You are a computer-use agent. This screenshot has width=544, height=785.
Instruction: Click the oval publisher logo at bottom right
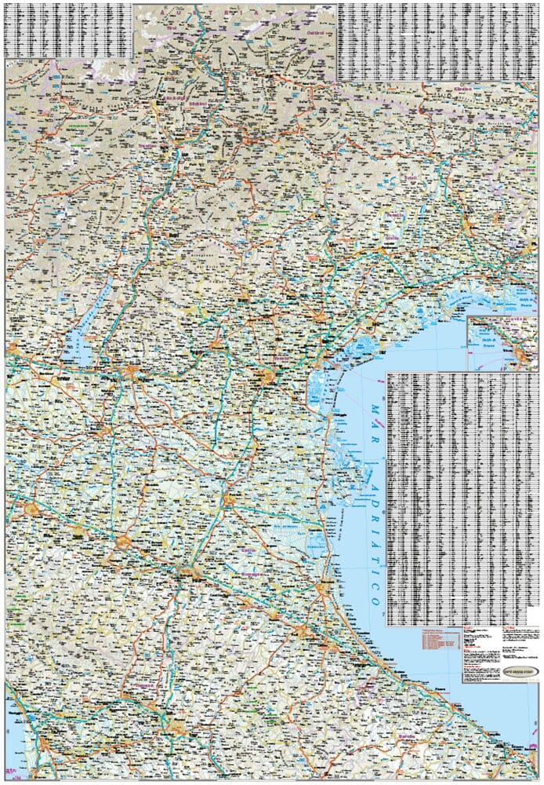513,650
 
